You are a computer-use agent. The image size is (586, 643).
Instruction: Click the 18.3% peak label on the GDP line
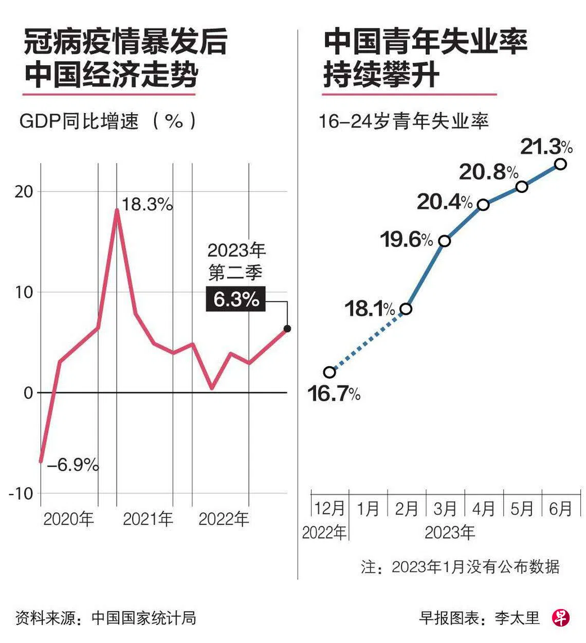pos(147,205)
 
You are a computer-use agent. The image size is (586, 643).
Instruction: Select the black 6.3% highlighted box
pos(236,299)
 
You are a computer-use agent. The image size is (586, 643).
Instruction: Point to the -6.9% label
pos(72,465)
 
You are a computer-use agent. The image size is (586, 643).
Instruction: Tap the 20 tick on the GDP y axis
pos(24,191)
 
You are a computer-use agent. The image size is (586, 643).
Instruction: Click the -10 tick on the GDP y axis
pos(21,493)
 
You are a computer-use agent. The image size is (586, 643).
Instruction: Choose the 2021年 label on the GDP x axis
pos(148,519)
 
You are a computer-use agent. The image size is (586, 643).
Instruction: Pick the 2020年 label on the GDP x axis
pos(68,519)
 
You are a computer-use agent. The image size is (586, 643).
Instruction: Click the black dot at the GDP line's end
pos(287,329)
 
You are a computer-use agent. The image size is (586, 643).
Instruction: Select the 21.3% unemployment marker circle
pos(561,164)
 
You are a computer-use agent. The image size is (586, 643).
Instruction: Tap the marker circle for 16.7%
pos(329,372)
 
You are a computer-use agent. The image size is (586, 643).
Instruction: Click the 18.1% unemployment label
pos(370,309)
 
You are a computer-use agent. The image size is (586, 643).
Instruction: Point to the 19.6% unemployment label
pos(407,240)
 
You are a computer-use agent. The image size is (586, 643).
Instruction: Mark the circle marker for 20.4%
pos(483,205)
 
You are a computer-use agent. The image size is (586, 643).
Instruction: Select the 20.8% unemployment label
pos(488,172)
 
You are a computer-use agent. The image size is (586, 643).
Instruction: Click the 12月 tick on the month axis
pos(329,509)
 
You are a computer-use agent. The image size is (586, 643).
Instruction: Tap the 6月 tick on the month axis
pos(560,509)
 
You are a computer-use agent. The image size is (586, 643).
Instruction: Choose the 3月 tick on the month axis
pos(445,509)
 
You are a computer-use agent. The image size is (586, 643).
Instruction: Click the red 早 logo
pos(561,617)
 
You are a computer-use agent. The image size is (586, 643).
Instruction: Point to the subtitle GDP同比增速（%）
pos(108,121)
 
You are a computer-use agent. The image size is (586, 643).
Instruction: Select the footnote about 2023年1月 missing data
pos(460,567)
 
